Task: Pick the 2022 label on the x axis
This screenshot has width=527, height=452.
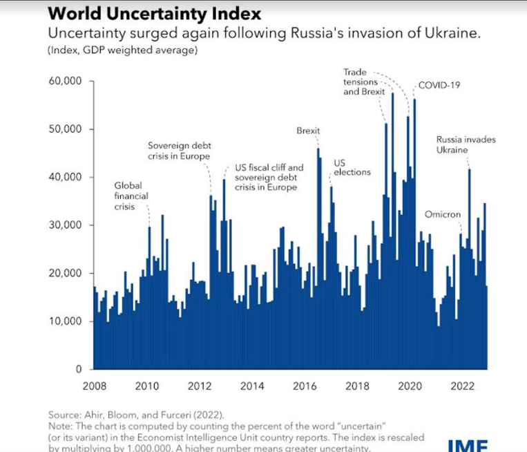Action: pos(462,386)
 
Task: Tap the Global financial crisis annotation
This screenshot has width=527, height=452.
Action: pos(131,196)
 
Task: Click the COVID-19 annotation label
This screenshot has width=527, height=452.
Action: pos(439,85)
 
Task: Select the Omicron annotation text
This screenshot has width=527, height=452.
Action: pos(442,215)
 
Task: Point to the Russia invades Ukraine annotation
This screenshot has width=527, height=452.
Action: pos(466,144)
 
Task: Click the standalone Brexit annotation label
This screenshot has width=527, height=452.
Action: pos(308,131)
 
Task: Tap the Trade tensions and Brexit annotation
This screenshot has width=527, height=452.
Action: pos(363,82)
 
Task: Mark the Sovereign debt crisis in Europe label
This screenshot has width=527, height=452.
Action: pos(180,151)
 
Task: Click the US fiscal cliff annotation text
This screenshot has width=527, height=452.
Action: pos(269,178)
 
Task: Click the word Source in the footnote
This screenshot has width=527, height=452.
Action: pos(64,415)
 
